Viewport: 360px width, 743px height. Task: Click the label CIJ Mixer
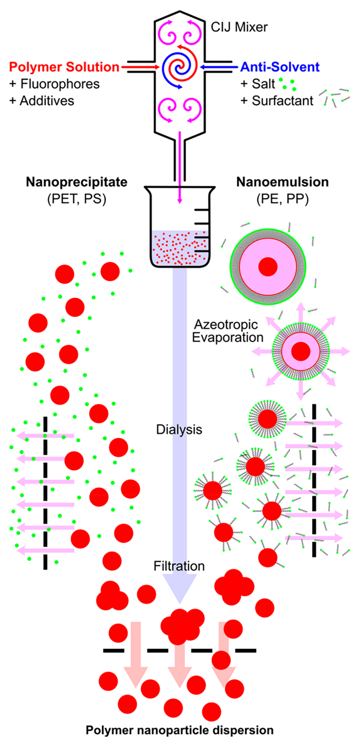[239, 27]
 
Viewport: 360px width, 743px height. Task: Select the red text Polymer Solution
[64, 67]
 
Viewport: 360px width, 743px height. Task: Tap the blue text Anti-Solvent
[280, 67]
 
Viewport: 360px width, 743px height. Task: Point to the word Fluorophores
[60, 84]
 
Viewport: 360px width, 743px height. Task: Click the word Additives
[47, 101]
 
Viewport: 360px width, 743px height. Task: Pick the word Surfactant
[282, 101]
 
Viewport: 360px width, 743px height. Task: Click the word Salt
[263, 84]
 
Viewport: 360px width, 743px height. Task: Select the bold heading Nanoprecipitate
[77, 182]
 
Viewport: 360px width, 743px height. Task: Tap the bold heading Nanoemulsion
[282, 182]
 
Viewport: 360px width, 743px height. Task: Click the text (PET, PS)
[77, 198]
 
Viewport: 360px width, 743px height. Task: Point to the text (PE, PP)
[282, 198]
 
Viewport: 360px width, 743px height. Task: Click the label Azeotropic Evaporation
[227, 331]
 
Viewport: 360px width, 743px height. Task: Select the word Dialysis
[179, 429]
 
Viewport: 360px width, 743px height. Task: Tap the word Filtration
[179, 566]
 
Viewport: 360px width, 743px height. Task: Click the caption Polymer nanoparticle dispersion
[180, 730]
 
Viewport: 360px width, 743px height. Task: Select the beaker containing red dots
[180, 234]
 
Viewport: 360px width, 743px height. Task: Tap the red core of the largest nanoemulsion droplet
[268, 267]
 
